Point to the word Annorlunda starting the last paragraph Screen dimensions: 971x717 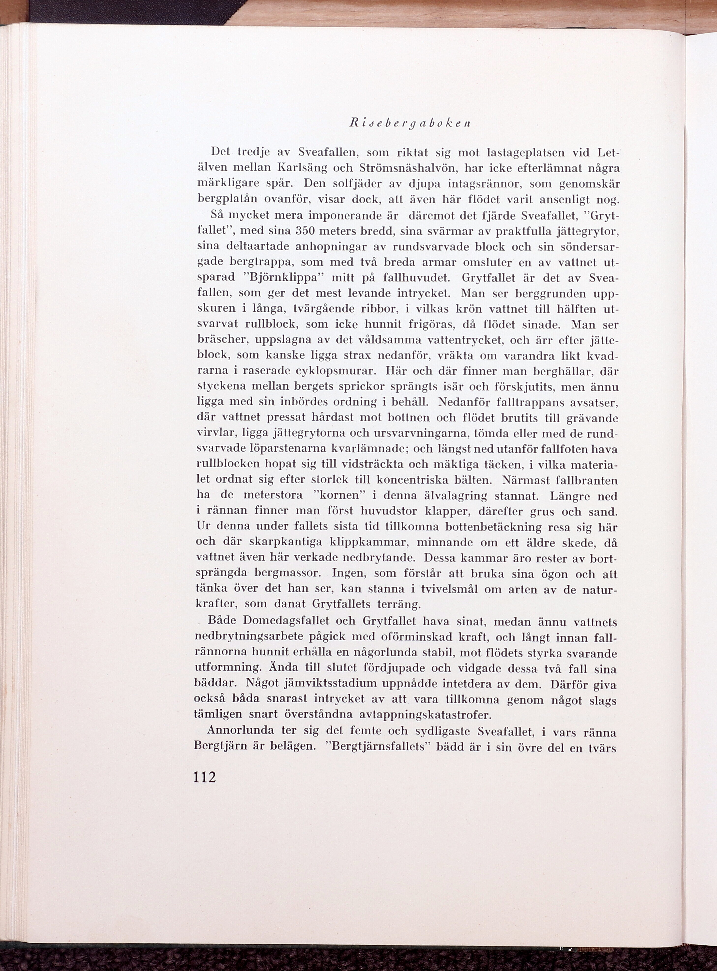(x=241, y=731)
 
